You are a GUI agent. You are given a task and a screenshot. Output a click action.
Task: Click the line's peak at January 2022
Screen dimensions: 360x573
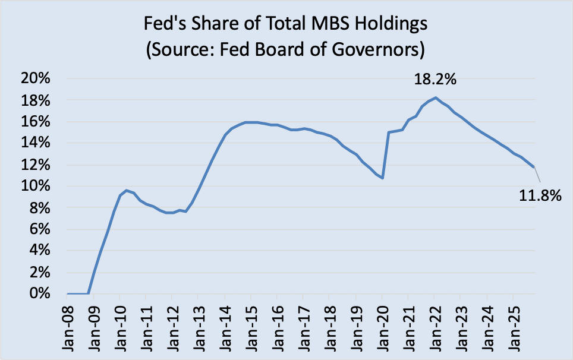pyautogui.click(x=436, y=97)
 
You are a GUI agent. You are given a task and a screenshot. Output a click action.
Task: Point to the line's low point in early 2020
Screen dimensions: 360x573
pyautogui.click(x=383, y=178)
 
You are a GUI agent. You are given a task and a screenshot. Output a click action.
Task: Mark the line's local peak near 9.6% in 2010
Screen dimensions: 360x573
pyautogui.click(x=126, y=190)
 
